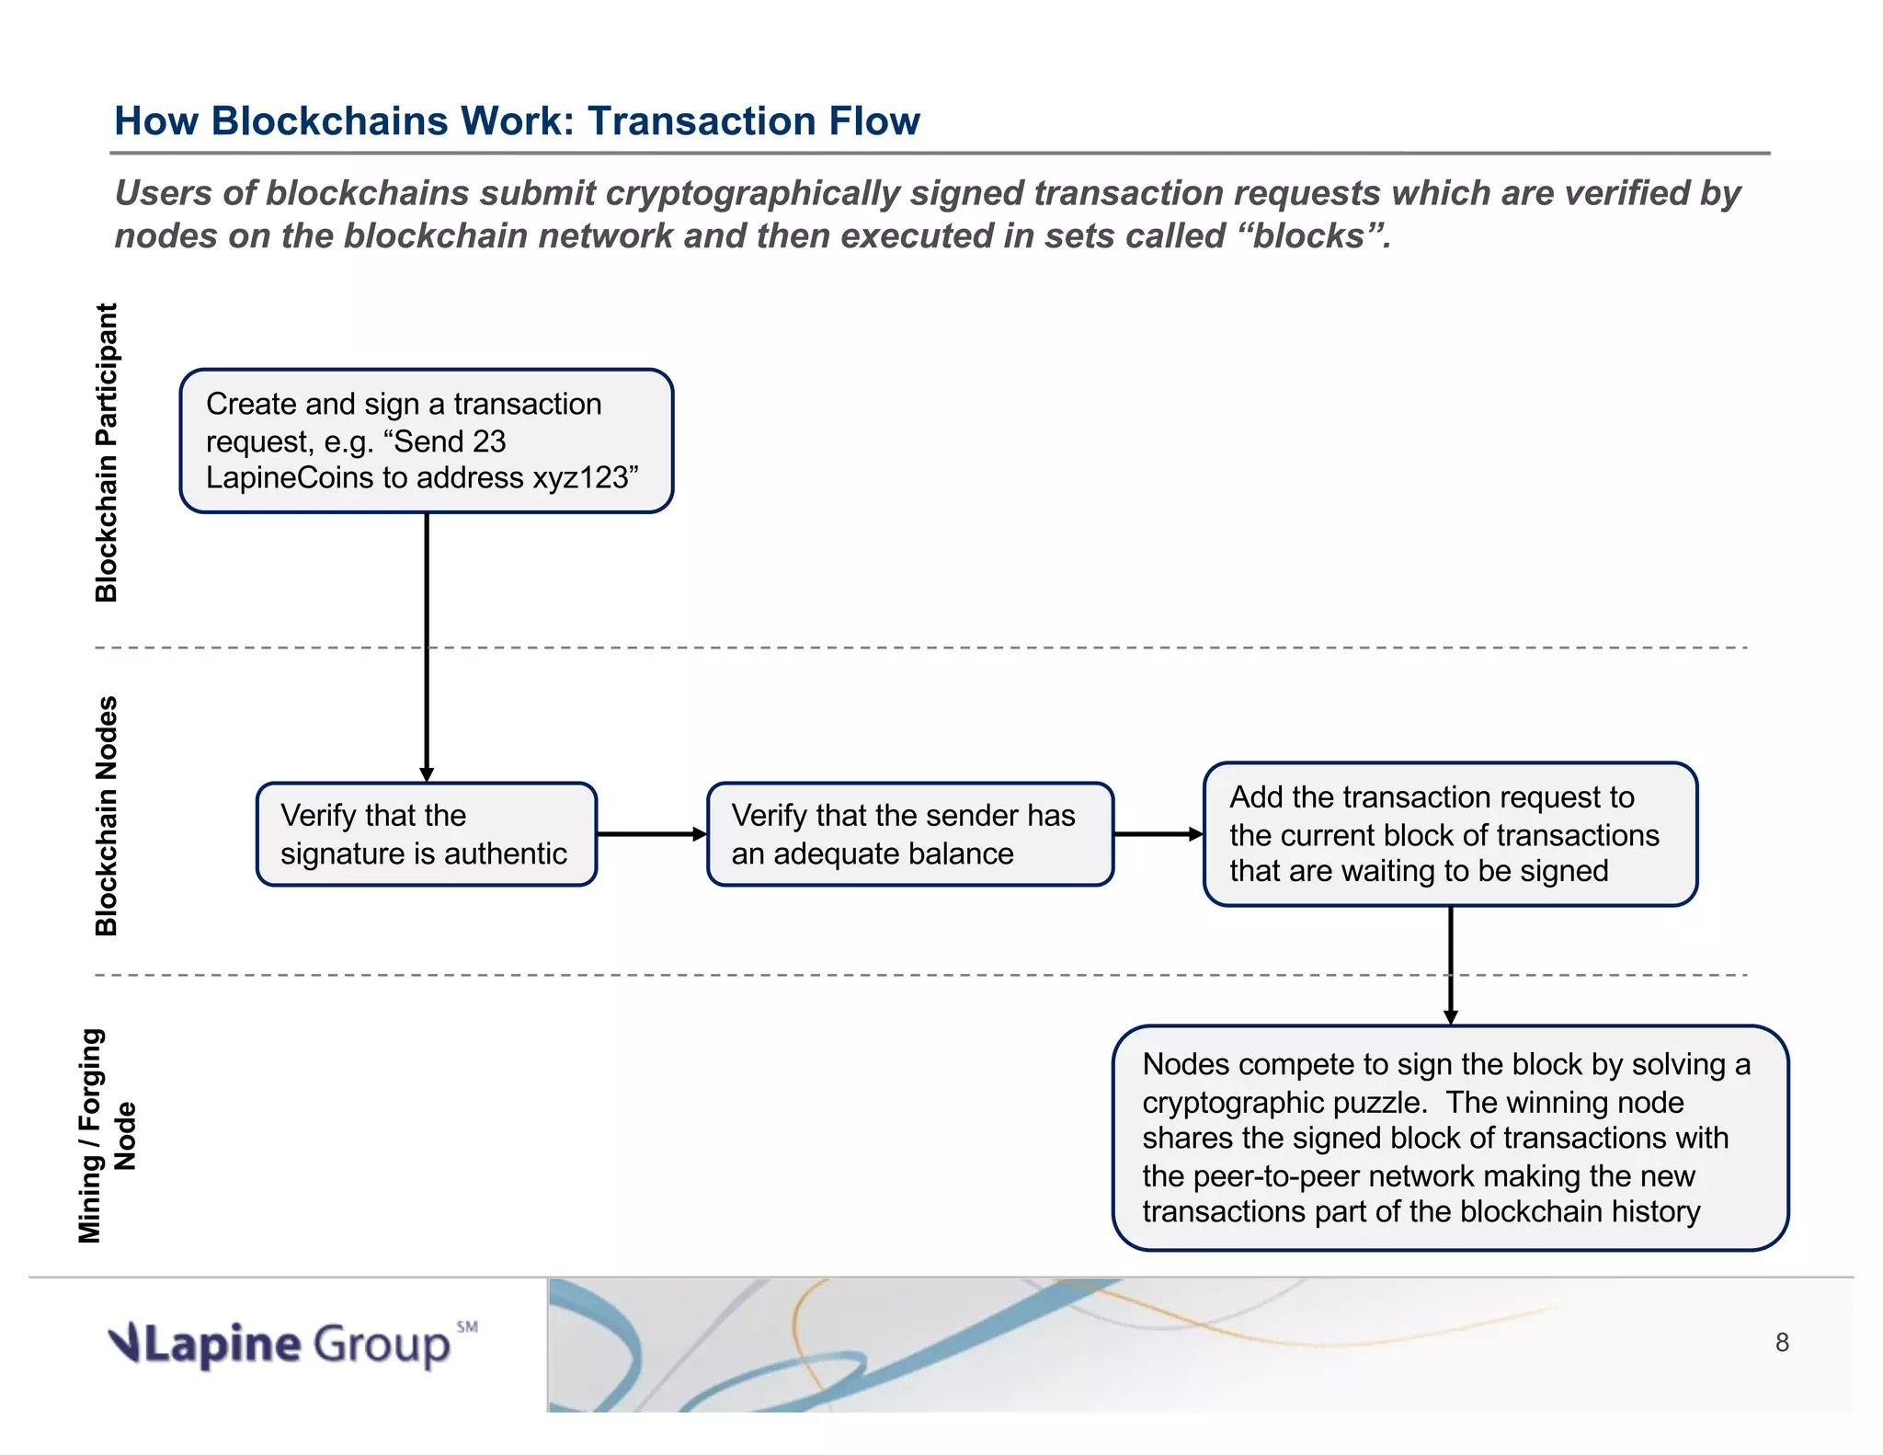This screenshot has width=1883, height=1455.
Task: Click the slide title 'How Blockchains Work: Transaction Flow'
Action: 516,120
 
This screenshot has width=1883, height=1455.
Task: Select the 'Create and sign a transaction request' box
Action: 427,441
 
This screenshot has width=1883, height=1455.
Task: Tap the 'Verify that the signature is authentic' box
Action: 427,834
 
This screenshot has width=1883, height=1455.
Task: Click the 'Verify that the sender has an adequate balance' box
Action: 909,834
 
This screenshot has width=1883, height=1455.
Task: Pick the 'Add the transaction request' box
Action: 1450,834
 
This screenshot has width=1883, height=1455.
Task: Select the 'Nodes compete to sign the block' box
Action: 1450,1138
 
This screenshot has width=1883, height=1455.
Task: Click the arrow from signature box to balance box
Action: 651,834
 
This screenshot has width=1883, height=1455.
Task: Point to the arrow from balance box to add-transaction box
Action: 1158,834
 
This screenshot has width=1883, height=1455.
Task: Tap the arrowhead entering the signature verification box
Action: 427,774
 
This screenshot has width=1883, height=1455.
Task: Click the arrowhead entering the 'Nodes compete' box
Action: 1451,1016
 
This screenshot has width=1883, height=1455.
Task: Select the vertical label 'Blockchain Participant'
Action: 107,453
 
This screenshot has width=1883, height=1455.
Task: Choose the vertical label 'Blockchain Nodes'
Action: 107,816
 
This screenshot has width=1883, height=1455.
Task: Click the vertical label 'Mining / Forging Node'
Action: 107,1136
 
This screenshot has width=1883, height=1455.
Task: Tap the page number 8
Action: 1782,1343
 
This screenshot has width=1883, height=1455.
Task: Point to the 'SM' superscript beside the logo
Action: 467,1326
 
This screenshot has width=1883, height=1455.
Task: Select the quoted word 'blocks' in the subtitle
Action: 1309,236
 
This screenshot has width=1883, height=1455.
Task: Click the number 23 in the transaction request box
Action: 489,441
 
